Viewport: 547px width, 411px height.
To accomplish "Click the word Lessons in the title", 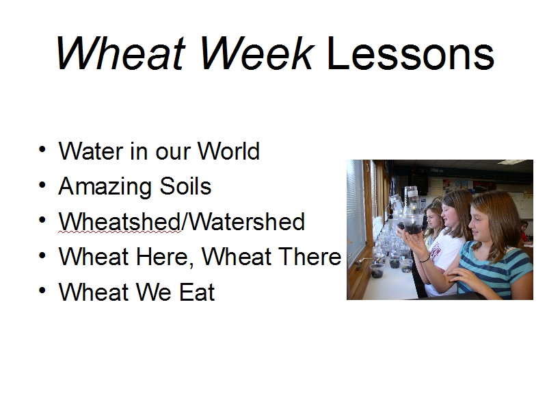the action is [x=410, y=53].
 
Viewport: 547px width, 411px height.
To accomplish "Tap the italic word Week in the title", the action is [x=257, y=53].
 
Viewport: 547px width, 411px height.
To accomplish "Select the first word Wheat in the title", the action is [x=120, y=53].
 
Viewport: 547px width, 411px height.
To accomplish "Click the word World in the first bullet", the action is [x=228, y=151].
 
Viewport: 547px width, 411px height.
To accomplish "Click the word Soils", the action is [x=185, y=186].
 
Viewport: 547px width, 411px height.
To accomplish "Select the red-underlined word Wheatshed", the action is [x=120, y=221].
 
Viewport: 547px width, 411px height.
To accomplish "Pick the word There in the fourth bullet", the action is [x=310, y=257].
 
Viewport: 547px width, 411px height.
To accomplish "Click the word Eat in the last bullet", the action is [x=197, y=292].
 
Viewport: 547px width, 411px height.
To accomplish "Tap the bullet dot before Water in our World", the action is [x=42, y=149].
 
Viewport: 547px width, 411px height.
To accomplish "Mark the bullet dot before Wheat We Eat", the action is [x=42, y=290].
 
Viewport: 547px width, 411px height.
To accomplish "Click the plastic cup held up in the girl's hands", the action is [x=412, y=224].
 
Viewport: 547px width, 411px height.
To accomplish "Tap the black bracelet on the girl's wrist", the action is [x=425, y=259].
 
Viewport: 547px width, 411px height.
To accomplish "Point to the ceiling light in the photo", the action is [x=511, y=162].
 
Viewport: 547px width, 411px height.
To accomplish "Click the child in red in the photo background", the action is [x=524, y=232].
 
